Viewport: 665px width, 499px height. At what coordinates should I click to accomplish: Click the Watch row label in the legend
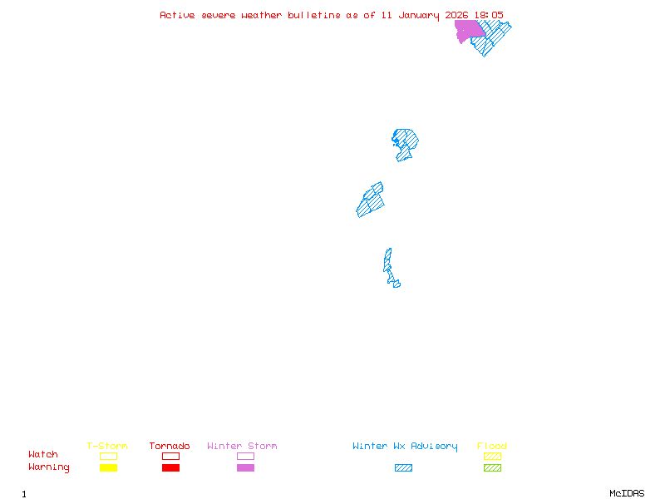(43, 455)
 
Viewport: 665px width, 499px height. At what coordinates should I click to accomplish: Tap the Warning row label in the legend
(49, 467)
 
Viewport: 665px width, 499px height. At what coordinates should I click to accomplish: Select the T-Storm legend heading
(107, 447)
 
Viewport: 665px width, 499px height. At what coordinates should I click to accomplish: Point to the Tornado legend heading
(170, 447)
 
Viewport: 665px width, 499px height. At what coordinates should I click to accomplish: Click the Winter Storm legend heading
(242, 447)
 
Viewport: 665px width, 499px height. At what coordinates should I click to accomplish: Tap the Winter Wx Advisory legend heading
(405, 447)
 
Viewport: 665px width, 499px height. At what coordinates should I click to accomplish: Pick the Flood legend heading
(492, 447)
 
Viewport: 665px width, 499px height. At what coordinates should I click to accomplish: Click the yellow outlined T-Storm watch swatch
(108, 456)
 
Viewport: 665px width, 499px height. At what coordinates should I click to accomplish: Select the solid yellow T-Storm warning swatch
(108, 468)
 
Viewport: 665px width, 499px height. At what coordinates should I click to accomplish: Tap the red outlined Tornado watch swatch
(170, 456)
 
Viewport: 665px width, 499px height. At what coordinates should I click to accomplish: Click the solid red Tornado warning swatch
(170, 468)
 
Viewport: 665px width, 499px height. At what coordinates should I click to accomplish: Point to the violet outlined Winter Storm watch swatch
(245, 456)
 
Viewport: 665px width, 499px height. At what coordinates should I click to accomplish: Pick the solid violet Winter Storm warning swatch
(245, 468)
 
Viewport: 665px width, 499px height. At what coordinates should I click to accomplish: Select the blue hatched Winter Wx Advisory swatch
(403, 468)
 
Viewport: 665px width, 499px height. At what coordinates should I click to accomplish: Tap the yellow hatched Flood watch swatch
(492, 456)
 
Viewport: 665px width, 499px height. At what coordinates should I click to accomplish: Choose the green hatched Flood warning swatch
(492, 468)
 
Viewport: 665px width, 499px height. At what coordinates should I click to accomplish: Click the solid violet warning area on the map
(468, 31)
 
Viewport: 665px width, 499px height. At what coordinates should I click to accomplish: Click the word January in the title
(421, 15)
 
